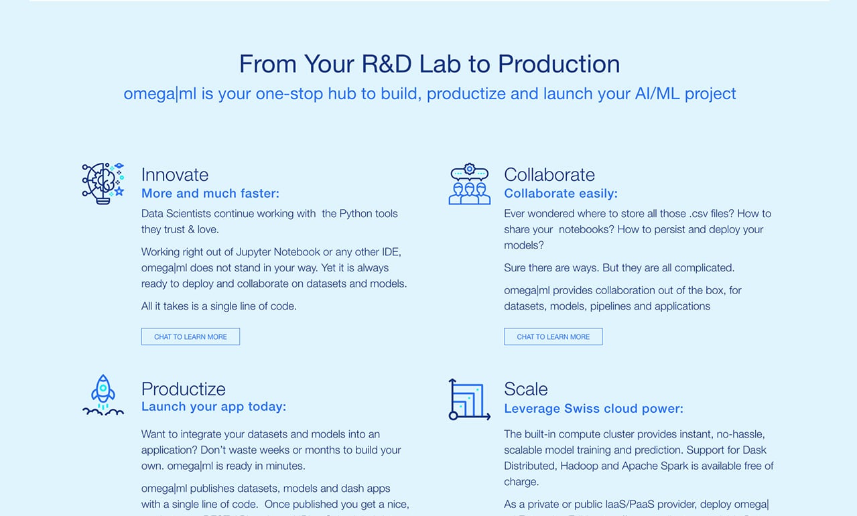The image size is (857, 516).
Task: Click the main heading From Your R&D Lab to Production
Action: (430, 64)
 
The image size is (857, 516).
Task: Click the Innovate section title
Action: (175, 175)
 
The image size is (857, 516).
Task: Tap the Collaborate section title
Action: (549, 175)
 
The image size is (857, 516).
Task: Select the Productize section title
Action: (184, 389)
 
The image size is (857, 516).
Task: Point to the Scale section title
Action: (526, 389)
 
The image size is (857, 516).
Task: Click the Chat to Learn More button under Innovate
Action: (190, 336)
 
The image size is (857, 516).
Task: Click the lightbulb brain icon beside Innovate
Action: (103, 183)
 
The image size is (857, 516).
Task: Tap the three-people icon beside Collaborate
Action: (470, 184)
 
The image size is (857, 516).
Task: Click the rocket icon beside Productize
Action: (103, 395)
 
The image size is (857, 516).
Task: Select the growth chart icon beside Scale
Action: (470, 399)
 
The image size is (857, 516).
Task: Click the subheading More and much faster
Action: (210, 194)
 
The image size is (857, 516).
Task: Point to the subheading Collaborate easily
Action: (561, 194)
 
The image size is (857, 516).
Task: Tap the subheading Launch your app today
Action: (214, 407)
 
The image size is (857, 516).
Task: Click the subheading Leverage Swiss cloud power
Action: (594, 409)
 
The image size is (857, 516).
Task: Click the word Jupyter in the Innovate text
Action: (253, 252)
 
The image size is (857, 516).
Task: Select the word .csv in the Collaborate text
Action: (699, 214)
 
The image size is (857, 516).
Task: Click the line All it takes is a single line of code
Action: (219, 306)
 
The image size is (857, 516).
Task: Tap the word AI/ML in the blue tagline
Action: (657, 94)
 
